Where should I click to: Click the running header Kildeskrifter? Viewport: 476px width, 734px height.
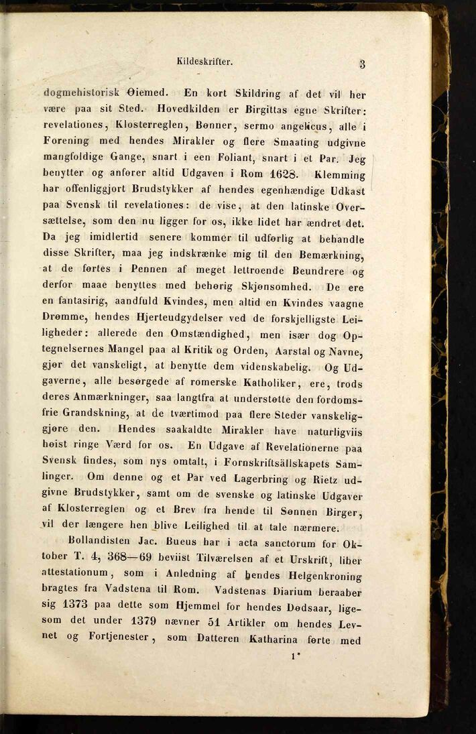(204, 62)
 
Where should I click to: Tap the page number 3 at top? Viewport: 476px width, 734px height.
(362, 64)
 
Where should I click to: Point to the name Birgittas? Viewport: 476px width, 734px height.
(267, 109)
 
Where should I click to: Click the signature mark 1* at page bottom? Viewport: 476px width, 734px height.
(294, 658)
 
